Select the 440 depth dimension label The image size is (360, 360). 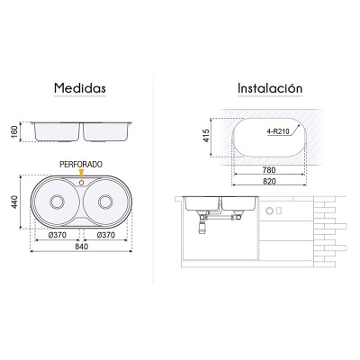15,201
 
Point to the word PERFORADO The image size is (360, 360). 81,166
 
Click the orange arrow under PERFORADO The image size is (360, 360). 81,175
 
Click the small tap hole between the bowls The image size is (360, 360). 81,184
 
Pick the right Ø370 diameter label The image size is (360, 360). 106,235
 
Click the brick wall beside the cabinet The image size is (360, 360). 328,229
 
